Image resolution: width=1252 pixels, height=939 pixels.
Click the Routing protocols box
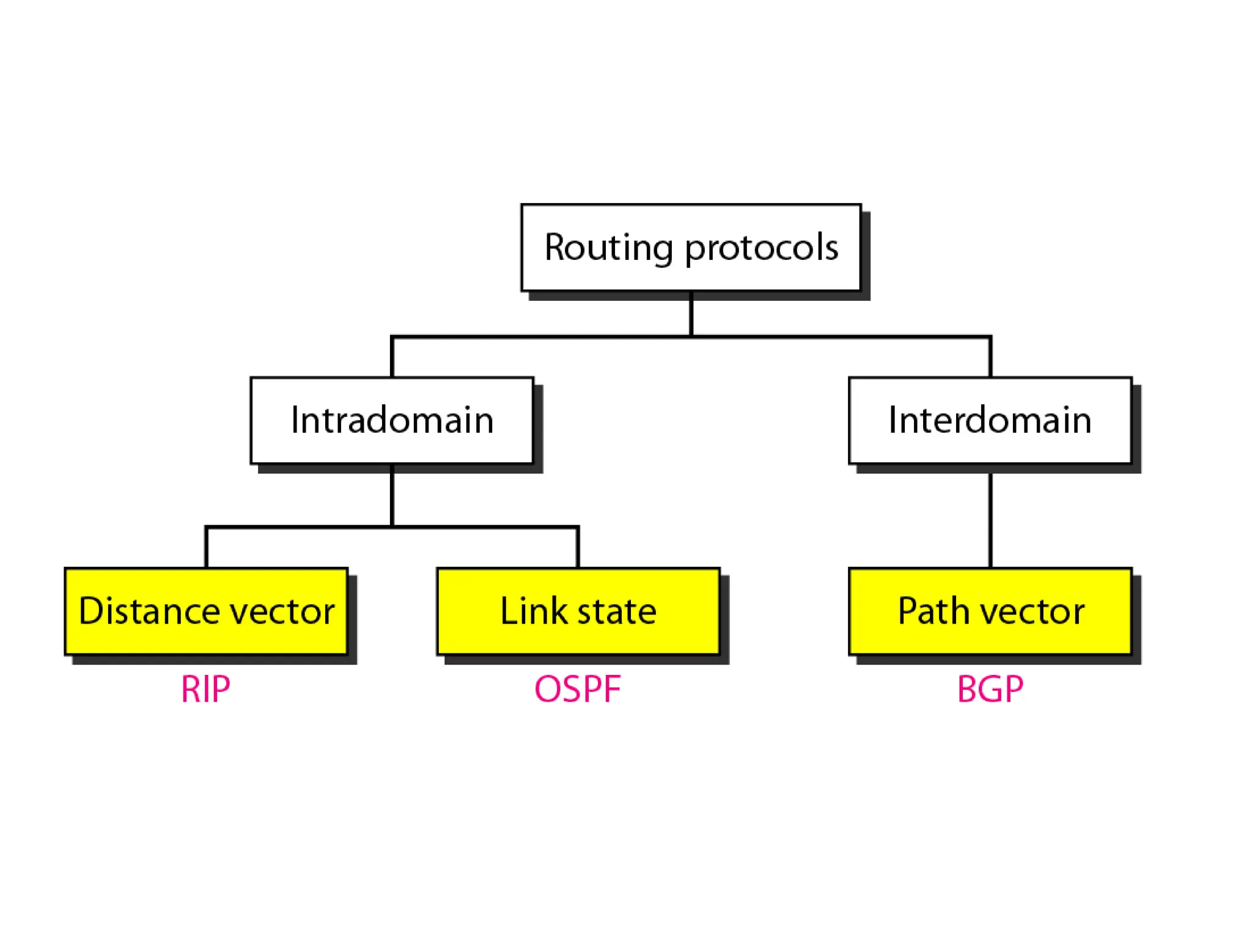(x=691, y=247)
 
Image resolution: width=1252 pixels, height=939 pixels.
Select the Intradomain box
(x=392, y=421)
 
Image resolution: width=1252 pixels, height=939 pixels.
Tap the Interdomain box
(x=990, y=421)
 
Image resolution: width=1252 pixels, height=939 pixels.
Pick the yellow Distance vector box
(x=206, y=611)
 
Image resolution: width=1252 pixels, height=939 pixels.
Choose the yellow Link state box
(x=578, y=611)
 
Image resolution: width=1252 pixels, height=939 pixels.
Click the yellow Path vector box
(x=990, y=611)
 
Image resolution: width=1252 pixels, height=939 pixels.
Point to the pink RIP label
(x=206, y=690)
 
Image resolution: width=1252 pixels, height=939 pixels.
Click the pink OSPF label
(x=578, y=690)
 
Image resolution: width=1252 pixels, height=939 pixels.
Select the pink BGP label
(x=990, y=690)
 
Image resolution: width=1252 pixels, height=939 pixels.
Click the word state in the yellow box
(x=617, y=611)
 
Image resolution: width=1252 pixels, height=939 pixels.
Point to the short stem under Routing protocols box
(x=691, y=313)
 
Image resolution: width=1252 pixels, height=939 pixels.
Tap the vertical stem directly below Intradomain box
(x=392, y=495)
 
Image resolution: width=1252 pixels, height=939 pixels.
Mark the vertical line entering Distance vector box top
(x=207, y=548)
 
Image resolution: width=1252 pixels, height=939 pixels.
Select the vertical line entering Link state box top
(x=578, y=548)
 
